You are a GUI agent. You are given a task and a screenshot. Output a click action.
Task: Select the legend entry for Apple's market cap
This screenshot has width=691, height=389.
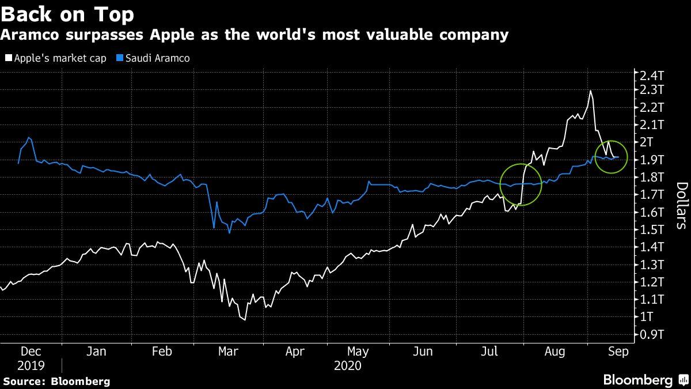[55, 58]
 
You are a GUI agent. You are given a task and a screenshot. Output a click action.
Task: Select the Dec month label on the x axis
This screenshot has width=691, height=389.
[31, 352]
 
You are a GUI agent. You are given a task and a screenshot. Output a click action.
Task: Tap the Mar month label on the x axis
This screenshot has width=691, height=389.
[228, 352]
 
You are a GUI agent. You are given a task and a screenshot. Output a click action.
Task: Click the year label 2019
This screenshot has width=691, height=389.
[31, 366]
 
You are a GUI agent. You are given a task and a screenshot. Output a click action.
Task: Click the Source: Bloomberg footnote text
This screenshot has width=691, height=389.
[56, 382]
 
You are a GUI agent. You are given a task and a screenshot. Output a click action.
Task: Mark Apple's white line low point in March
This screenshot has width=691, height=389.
[245, 319]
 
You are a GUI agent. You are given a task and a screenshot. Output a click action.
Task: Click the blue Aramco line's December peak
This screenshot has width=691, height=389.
[29, 138]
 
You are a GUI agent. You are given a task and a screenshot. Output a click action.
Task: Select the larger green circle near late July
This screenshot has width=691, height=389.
[521, 184]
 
